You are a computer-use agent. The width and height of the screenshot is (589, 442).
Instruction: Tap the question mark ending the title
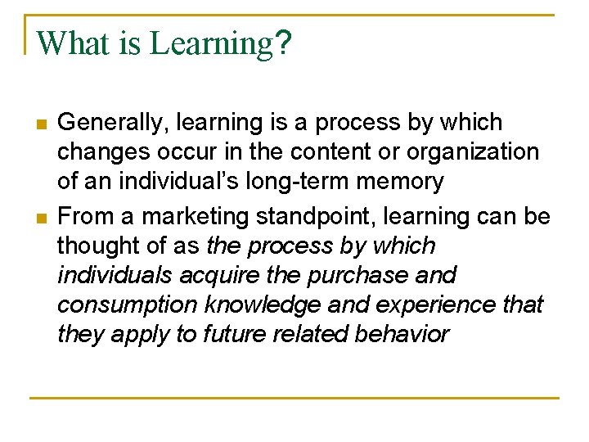pos(283,43)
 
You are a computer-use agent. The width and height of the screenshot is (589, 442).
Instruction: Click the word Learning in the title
pos(210,44)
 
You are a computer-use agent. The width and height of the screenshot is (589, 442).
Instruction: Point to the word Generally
pos(111,123)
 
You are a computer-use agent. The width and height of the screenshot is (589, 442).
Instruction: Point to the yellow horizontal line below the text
pos(294,399)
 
